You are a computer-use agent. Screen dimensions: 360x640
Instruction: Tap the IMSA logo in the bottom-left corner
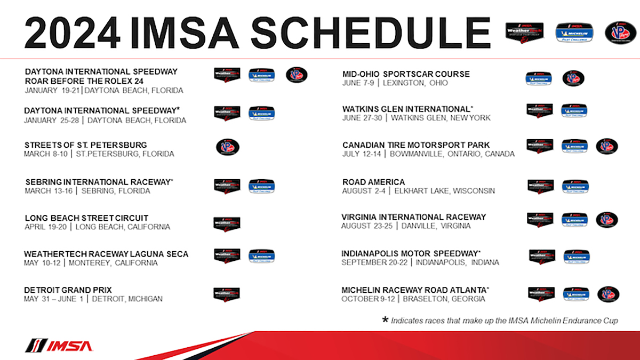(x=59, y=346)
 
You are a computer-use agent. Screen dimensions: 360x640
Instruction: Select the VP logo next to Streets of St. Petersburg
(x=227, y=147)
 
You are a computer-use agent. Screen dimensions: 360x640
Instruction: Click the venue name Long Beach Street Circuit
(x=86, y=218)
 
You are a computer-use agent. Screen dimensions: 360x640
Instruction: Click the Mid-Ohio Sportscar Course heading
(x=406, y=74)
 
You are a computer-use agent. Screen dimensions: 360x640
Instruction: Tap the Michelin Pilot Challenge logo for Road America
(x=575, y=186)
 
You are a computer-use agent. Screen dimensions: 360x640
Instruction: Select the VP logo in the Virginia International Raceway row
(x=606, y=219)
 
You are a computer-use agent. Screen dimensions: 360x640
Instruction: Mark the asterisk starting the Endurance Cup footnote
(x=385, y=321)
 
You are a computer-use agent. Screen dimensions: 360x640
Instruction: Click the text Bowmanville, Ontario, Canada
(x=452, y=154)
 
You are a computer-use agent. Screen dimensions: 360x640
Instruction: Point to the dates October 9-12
(x=369, y=299)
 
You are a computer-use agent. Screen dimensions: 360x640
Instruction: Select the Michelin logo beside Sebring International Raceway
(x=262, y=186)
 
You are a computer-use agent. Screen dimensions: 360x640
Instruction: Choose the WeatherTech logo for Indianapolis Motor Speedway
(x=542, y=256)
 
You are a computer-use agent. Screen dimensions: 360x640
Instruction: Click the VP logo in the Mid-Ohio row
(x=573, y=78)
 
